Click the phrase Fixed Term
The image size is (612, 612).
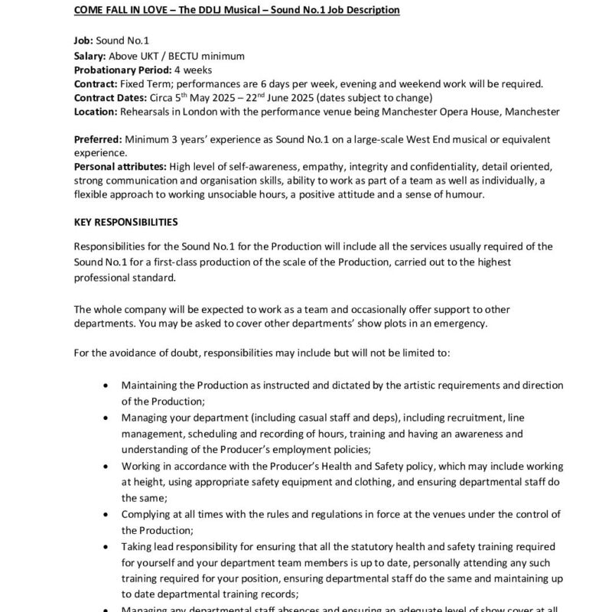(x=145, y=83)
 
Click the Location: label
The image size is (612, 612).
(x=96, y=112)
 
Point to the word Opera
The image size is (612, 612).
(x=429, y=112)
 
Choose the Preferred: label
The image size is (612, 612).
(x=97, y=139)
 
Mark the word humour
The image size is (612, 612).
(x=470, y=194)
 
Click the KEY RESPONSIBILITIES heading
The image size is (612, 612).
(x=126, y=223)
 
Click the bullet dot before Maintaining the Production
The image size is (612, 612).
(x=105, y=386)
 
